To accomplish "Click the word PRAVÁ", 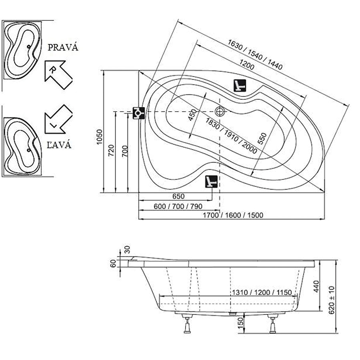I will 63,47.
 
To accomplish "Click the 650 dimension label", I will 178,196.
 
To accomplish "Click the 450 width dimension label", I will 193,116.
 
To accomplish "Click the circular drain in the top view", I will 220,111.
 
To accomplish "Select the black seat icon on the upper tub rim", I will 239,85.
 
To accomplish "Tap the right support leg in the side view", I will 273,324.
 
